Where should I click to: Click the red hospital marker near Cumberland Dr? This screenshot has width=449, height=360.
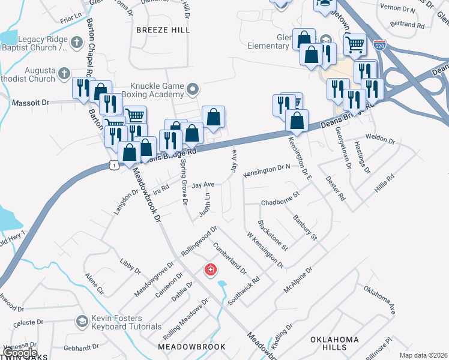[x=210, y=270]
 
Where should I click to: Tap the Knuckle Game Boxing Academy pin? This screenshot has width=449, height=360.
[x=193, y=91]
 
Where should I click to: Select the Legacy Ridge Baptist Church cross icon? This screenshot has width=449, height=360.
[x=76, y=42]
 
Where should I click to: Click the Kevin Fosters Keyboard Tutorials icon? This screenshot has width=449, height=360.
[x=81, y=322]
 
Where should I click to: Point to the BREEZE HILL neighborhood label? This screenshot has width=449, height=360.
[x=163, y=29]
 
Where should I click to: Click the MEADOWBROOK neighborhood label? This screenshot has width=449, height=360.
[x=191, y=347]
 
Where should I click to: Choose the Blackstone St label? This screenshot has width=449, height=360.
[x=273, y=235]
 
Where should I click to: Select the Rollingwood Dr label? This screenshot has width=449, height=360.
[x=199, y=240]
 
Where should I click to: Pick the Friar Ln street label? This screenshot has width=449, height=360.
[x=70, y=20]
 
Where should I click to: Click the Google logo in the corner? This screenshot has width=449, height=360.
[x=19, y=353]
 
